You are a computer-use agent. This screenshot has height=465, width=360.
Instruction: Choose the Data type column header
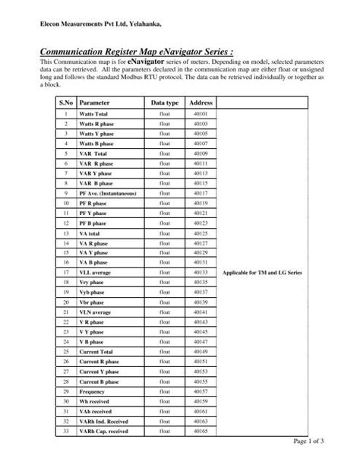pos(164,102)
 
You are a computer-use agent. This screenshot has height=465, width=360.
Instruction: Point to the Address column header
pos(201,102)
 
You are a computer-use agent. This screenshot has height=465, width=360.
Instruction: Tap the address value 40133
pos(201,293)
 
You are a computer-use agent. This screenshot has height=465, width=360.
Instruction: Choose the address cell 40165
pos(201,431)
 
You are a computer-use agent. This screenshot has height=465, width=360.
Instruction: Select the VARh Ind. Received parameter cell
pos(106,421)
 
